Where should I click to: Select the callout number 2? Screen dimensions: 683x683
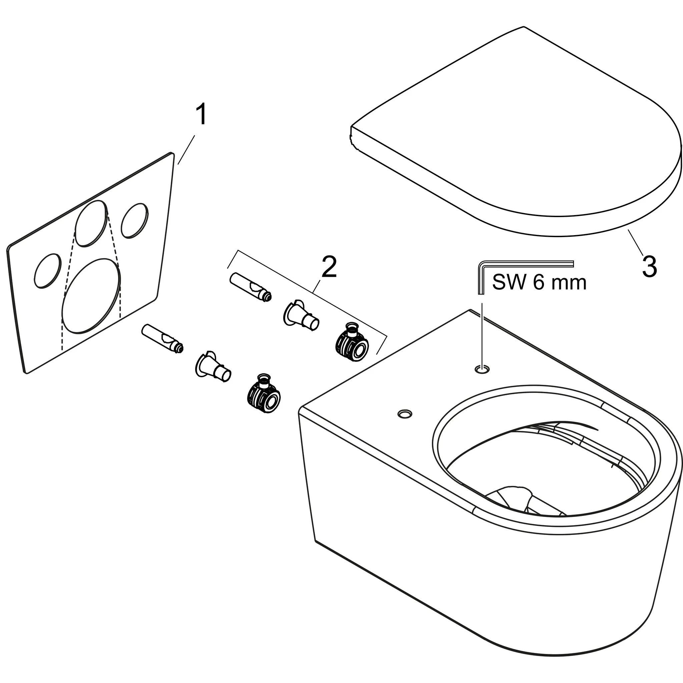329,268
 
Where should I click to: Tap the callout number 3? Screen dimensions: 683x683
649,268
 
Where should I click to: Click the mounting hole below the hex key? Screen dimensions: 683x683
483,370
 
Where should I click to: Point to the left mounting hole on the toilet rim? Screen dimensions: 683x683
405,413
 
